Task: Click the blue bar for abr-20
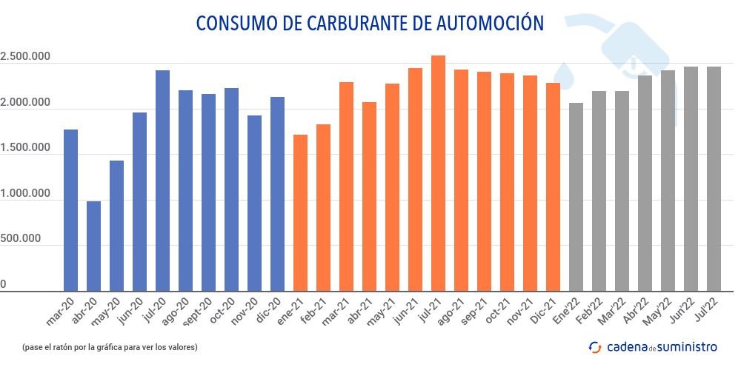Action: tap(93, 246)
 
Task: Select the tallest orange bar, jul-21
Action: tap(438, 173)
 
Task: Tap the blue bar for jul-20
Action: tap(162, 181)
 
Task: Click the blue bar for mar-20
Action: tap(70, 210)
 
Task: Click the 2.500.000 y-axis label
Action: tap(25, 57)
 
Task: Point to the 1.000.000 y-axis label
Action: tap(25, 194)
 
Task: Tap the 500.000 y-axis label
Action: tap(25, 240)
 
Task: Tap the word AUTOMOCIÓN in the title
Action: tap(485, 23)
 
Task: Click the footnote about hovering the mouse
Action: tap(110, 346)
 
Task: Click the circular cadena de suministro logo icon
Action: tap(594, 346)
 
